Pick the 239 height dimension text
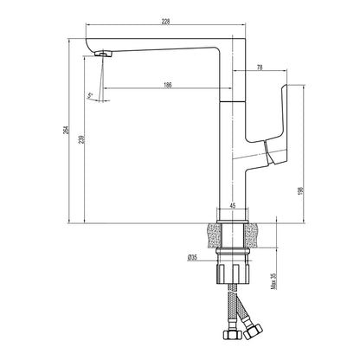(80, 142)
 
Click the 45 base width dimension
(232, 205)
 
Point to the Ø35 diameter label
(194, 258)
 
